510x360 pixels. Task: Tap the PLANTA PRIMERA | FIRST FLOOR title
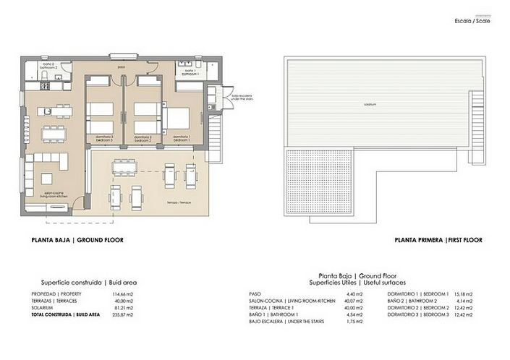pos(438,240)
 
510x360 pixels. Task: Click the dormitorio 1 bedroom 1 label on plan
pos(182,137)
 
